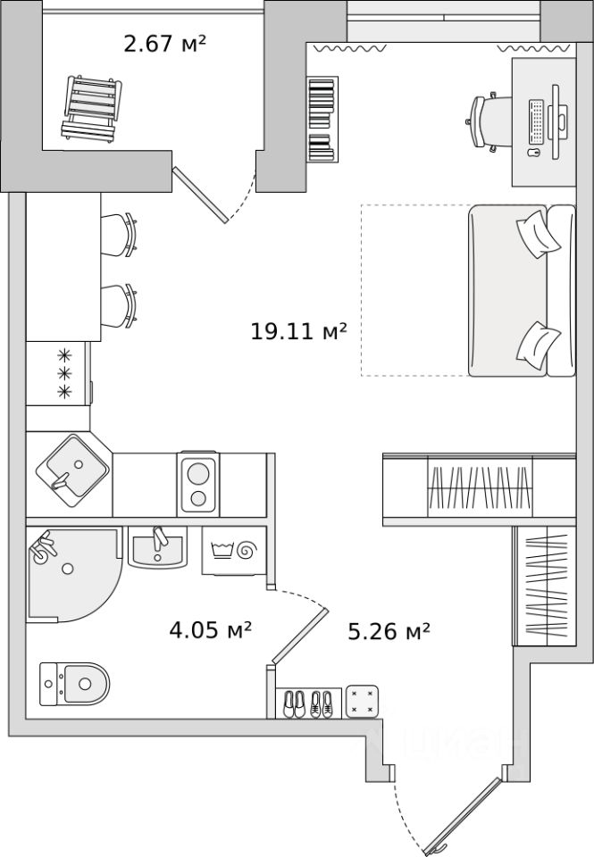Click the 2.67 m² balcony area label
point(165,42)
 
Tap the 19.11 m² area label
point(298,333)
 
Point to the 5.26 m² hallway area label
point(389,632)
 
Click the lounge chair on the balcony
point(90,107)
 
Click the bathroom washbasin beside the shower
point(157,545)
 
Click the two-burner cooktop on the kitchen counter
point(199,484)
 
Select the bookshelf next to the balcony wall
point(322,119)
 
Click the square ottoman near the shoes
point(363,702)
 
